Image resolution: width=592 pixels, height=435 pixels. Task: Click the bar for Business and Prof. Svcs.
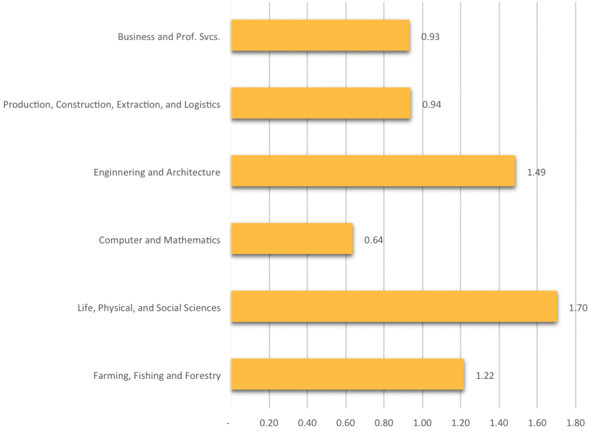tap(320, 36)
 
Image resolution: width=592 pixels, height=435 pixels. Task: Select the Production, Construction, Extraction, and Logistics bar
tap(321, 104)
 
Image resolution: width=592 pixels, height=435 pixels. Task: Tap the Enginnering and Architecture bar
tap(373, 171)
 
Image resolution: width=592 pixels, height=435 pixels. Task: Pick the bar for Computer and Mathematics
tap(292, 239)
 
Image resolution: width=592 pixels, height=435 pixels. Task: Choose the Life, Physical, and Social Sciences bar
tap(394, 307)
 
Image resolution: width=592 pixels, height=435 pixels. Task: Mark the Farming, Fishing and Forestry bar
tap(347, 374)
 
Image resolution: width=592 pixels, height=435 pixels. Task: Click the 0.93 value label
tap(431, 37)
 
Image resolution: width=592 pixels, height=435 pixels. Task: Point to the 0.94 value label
tap(432, 105)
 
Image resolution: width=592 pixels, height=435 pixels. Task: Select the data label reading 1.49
tap(536, 172)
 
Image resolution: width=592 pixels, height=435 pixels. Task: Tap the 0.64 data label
tap(373, 240)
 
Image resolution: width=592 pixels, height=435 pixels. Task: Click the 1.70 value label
tap(578, 308)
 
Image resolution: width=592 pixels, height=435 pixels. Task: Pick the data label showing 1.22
tap(485, 375)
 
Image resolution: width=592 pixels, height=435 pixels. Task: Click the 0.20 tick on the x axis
tap(269, 422)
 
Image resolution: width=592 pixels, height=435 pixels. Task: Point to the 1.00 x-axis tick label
tap(423, 422)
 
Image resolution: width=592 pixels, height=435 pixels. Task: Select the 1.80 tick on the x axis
tap(575, 422)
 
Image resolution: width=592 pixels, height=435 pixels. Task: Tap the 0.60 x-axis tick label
tap(346, 422)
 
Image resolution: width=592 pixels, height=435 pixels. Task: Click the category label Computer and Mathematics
tap(160, 240)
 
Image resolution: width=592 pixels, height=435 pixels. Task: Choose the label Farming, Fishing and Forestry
tap(157, 376)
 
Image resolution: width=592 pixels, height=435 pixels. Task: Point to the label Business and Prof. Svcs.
tap(169, 37)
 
